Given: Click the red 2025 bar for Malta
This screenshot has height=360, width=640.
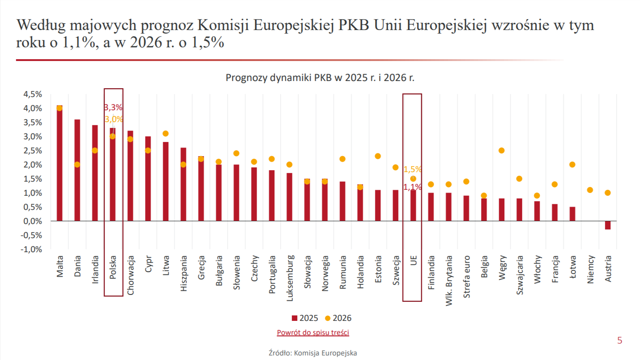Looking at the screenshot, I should pos(60,164).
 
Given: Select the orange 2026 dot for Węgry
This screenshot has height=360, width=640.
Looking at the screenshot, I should pos(502,151).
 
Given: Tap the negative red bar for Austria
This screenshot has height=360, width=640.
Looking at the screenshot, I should pos(608,225).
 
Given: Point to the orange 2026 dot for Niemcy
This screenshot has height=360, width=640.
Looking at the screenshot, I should pos(590,190).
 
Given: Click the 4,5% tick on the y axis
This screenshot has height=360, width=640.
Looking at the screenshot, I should pos(32,94).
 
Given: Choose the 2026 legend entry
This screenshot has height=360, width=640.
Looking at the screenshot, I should pos(338,318).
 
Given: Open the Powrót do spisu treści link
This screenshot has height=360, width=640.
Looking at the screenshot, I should pos(313,333).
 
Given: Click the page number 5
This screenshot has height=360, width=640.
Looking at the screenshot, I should pos(620,340).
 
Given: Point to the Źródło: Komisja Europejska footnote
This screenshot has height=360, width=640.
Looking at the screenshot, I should pos(313,353).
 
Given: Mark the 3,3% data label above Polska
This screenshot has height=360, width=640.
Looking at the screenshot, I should pos(113,108).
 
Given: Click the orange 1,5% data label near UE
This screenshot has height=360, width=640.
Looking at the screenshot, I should pos(412,169).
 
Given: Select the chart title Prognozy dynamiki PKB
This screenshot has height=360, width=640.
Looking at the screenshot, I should pos(320,78).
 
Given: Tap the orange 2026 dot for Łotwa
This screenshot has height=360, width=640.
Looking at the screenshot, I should pos(572,165).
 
